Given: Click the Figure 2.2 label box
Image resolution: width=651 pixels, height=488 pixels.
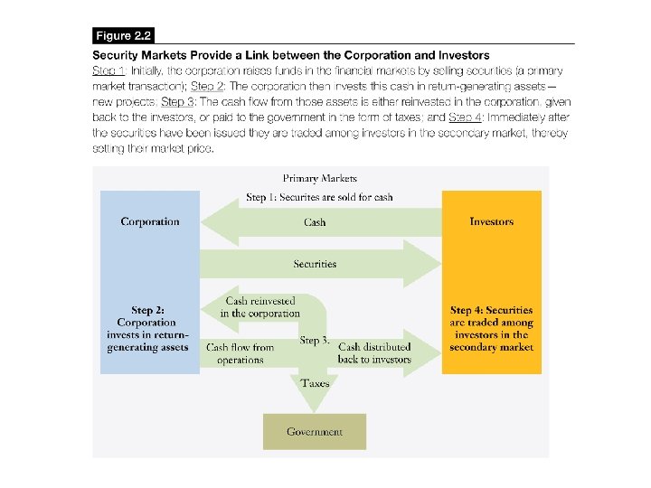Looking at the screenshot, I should [x=124, y=36].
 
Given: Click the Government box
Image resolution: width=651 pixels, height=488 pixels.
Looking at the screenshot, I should [x=314, y=431].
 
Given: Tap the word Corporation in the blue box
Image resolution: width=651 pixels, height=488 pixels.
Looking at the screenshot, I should [x=150, y=221].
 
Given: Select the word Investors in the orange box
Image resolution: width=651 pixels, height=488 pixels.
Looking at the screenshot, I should [x=491, y=221].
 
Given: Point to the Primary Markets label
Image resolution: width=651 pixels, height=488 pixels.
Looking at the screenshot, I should [x=319, y=179].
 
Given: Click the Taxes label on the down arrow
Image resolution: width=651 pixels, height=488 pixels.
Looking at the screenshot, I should [x=315, y=383].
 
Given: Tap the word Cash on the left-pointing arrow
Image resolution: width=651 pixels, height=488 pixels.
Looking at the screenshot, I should [x=315, y=222].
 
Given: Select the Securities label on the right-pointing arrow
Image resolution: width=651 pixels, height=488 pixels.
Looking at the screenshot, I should [x=315, y=264].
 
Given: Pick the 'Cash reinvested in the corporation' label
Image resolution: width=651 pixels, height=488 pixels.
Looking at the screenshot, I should [x=261, y=307].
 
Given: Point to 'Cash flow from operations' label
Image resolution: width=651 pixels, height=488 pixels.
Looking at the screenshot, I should [x=240, y=353].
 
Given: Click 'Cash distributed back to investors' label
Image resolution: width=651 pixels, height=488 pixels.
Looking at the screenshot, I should [x=374, y=353].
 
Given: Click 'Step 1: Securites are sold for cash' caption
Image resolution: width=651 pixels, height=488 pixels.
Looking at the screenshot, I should [x=319, y=197].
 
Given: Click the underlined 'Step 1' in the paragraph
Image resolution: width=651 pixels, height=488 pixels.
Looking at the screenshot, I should [x=109, y=70].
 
